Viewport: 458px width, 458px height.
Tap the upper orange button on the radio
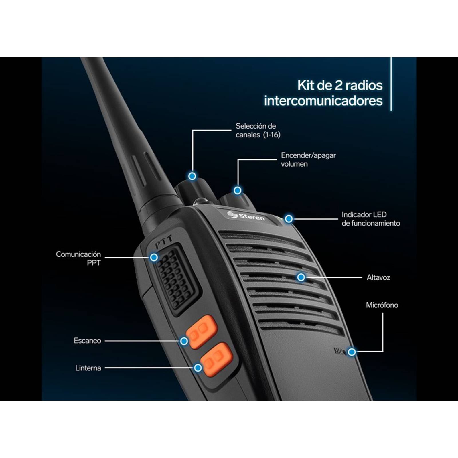tap(202, 331)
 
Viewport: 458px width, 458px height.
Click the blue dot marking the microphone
tap(352, 352)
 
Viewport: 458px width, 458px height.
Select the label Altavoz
tap(378, 277)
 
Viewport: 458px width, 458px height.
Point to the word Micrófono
tap(382, 305)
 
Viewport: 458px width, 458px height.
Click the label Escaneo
tap(87, 341)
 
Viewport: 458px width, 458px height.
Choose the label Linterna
tap(88, 368)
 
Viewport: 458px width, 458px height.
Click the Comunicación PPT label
tap(78, 258)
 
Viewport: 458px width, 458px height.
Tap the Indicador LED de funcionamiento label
tap(370, 219)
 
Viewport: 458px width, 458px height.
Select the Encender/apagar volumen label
tap(308, 160)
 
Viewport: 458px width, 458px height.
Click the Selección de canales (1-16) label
tap(258, 130)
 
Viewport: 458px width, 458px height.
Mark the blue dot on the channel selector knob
tap(192, 176)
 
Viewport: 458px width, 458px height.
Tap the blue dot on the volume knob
tap(237, 190)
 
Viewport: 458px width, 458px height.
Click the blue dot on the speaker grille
tap(301, 277)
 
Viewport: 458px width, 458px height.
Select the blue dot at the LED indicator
tap(289, 219)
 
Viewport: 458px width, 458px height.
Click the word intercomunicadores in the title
tap(323, 101)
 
